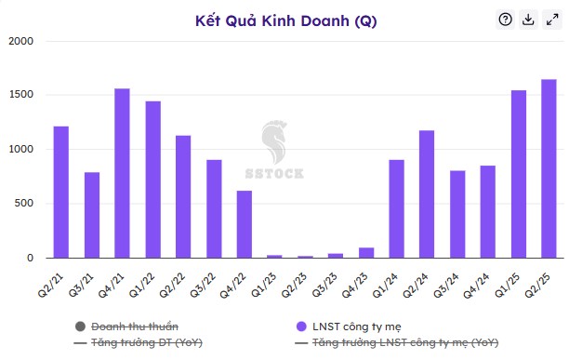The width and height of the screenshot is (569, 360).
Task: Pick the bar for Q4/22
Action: point(244,224)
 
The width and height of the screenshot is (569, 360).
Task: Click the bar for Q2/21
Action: point(60,192)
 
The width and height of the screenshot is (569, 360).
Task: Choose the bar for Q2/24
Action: point(427,193)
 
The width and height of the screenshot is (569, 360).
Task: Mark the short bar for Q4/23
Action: point(365,252)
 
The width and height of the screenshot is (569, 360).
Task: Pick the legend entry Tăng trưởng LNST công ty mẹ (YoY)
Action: point(391,343)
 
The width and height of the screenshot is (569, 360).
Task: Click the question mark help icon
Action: point(506,20)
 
